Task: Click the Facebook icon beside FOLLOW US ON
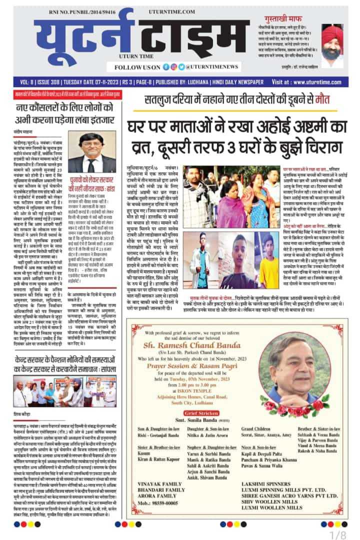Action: (x=165, y=67)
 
